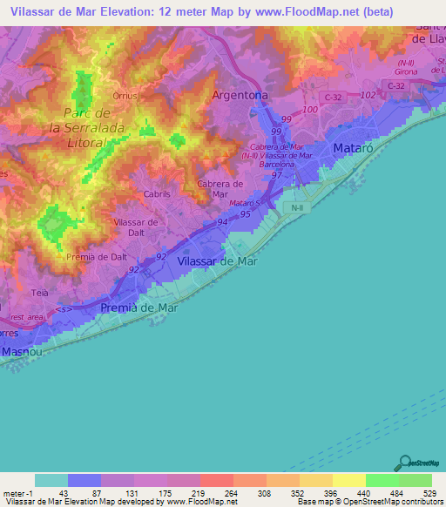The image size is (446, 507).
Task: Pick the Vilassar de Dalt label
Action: [x=136, y=227]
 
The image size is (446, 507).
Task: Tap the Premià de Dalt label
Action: [x=96, y=257]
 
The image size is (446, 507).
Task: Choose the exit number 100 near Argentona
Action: [x=311, y=111]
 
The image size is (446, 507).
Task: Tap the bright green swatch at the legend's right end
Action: [x=416, y=480]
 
